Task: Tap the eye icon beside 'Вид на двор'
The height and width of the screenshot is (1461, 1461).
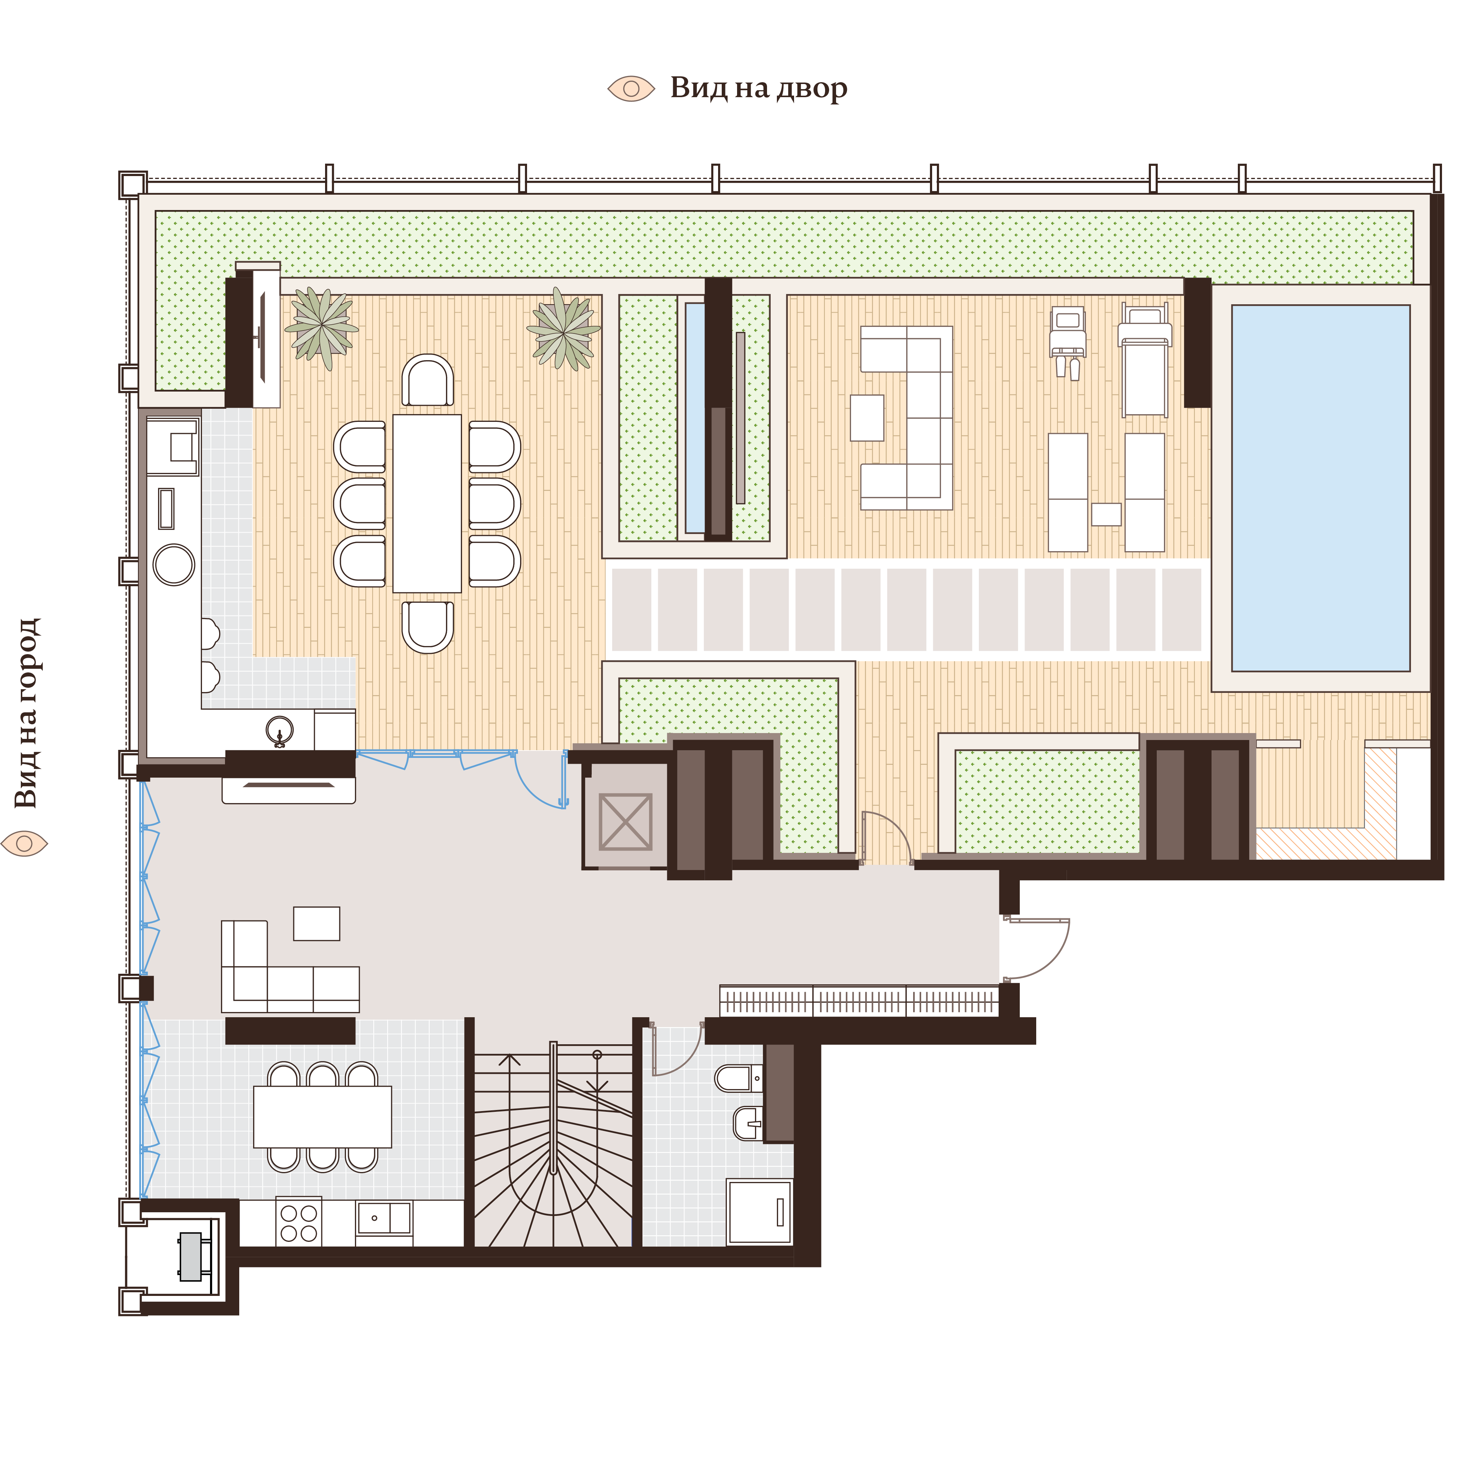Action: pyautogui.click(x=631, y=88)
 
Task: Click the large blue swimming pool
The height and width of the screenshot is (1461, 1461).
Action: pyautogui.click(x=1320, y=488)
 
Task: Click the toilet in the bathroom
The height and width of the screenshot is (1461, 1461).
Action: pyautogui.click(x=736, y=1077)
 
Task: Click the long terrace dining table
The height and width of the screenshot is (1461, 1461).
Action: pyautogui.click(x=427, y=503)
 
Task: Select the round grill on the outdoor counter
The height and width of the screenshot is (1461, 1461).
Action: pyautogui.click(x=174, y=564)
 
